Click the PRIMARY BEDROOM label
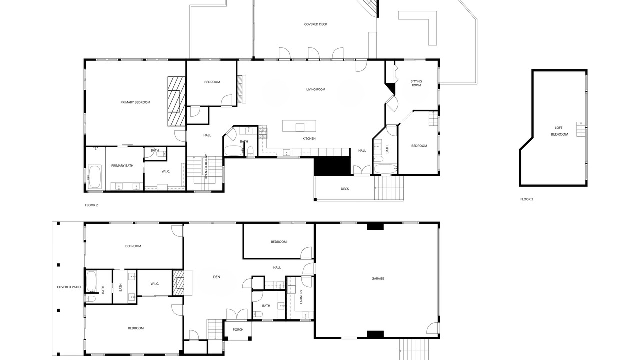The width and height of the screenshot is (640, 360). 135,102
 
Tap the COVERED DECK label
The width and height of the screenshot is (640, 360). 315,24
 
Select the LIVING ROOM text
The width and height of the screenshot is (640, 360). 315,89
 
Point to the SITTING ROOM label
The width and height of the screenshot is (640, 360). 416,83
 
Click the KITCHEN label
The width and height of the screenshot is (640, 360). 309,139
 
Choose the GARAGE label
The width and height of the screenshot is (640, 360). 377,278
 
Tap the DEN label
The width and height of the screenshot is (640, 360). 216,277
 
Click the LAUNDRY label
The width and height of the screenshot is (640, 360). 301,297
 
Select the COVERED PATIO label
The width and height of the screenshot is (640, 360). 69,287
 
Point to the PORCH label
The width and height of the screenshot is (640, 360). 238,329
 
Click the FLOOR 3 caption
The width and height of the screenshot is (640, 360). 527,199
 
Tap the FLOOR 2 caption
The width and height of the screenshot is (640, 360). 91,205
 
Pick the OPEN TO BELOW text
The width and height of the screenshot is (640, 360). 206,167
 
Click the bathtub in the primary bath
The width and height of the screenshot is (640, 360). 94,177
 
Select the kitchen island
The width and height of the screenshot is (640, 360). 299,126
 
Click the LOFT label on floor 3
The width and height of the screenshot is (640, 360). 558,128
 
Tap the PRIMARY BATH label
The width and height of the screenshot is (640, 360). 122,165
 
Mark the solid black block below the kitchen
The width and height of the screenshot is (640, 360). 332,166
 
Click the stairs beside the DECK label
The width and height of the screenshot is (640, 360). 389,188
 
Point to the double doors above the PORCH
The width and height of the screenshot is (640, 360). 237,314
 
